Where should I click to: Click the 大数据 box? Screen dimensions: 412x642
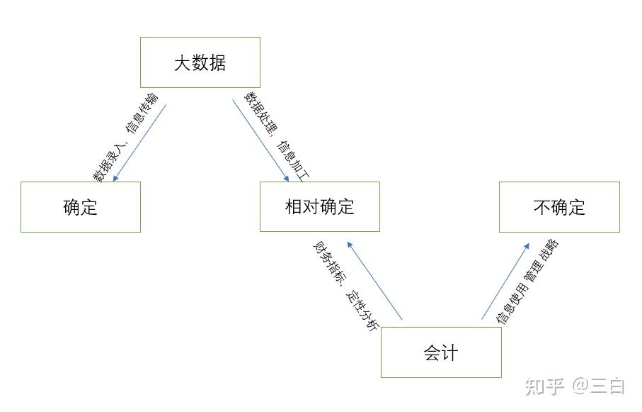200,62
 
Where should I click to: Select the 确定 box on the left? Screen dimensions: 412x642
80,207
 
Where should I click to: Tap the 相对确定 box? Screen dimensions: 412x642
319,207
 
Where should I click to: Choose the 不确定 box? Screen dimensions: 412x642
559,207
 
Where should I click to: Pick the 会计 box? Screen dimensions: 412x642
441,352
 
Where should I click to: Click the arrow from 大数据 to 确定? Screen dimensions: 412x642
140,143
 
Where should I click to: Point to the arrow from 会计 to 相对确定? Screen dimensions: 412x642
375,281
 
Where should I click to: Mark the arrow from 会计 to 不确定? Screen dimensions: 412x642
505,281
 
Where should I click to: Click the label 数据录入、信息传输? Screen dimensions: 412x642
125,137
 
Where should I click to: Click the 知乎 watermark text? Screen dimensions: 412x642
544,386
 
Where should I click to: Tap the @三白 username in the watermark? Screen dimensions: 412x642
599,386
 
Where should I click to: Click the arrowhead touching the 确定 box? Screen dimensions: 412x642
116,178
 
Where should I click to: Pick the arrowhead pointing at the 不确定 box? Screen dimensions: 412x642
526,245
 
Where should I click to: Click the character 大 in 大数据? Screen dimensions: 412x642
183,63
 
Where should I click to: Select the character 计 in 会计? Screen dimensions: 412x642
450,352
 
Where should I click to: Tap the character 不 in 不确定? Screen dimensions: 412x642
542,207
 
